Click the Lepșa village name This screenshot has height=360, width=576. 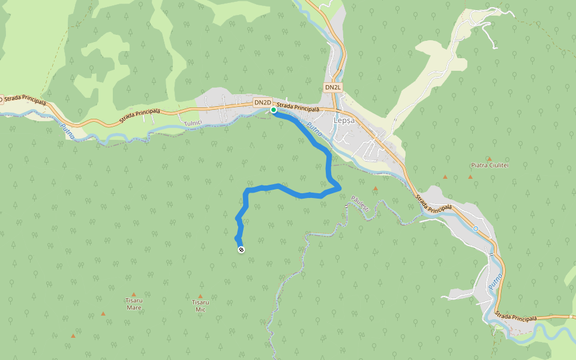(x=344, y=120)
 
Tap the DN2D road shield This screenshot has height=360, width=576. (x=263, y=103)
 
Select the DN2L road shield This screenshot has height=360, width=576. (x=333, y=88)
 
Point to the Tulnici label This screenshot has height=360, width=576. (x=194, y=122)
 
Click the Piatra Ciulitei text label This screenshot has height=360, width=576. (x=490, y=165)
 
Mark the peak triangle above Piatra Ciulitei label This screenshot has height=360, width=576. (x=490, y=158)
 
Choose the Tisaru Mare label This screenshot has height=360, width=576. (x=133, y=304)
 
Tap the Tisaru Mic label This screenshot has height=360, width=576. (x=200, y=305)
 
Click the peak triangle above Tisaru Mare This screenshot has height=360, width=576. (x=133, y=295)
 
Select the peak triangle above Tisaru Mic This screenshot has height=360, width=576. (x=200, y=296)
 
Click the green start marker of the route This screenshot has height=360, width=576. (x=274, y=110)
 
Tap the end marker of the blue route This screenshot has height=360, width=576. (x=241, y=249)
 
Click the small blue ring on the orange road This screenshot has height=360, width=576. (x=475, y=229)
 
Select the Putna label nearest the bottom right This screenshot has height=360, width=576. (x=495, y=282)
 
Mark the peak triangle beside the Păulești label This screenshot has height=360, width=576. (x=376, y=188)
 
